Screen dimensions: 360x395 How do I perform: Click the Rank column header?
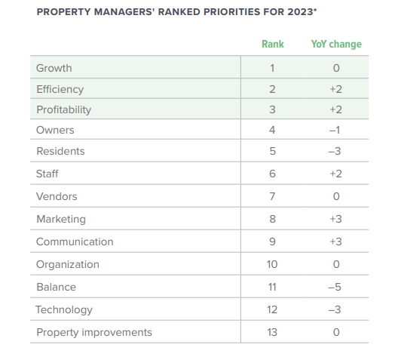coord(272,44)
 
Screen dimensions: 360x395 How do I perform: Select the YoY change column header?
coord(336,44)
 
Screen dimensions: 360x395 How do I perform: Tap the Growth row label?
coord(54,68)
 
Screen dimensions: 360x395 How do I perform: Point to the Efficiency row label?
coord(60,89)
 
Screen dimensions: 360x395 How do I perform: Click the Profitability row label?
coord(64,109)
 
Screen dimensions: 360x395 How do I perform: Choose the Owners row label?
coord(55,130)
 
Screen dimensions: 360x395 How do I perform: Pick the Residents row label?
coord(60,151)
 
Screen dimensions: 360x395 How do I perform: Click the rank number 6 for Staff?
coord(272,174)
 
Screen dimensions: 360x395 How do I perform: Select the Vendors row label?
coord(57,196)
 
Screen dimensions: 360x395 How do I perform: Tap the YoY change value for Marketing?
coord(336,219)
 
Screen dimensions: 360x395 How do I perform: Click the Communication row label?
coord(75,242)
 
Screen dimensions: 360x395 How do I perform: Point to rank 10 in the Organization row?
coord(272,264)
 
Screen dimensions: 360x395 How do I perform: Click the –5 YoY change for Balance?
coord(336,287)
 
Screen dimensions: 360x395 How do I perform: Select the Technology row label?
coord(64,309)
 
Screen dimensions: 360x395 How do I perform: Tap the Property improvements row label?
coord(94,332)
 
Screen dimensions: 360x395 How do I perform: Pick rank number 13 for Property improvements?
coord(272,332)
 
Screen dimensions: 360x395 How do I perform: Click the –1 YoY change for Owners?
coord(336,130)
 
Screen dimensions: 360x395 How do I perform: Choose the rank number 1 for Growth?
coord(272,68)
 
